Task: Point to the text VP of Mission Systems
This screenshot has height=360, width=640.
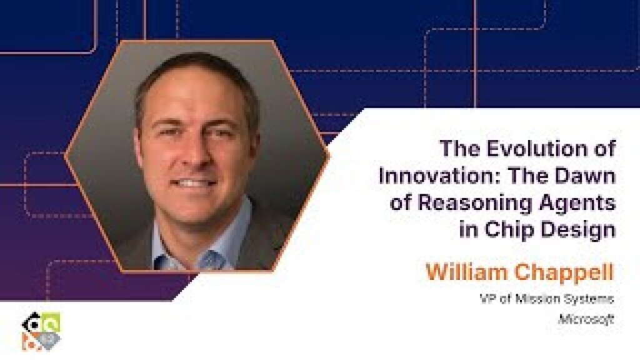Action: click(x=547, y=299)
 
